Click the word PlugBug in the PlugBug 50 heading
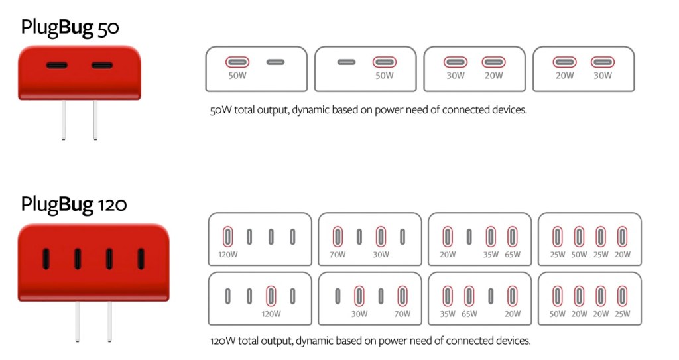point(57,28)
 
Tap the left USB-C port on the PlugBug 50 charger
point(57,66)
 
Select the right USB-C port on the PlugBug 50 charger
point(101,66)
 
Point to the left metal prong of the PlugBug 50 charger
point(64,120)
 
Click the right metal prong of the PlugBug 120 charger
point(109,322)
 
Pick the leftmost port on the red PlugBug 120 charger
point(46,259)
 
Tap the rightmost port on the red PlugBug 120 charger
point(141,259)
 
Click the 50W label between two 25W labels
point(579,255)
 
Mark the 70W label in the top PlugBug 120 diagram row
point(338,255)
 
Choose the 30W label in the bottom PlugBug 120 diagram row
point(359,314)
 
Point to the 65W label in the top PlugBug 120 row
point(513,255)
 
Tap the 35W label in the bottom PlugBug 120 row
point(448,314)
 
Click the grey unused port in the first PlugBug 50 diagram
point(275,62)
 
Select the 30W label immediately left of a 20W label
point(456,76)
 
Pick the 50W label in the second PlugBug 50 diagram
point(385,76)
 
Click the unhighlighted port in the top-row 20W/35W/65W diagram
point(469,237)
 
